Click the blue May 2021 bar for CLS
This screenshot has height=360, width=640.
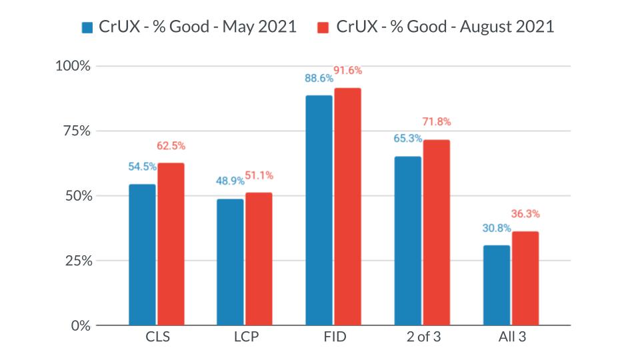tap(142, 255)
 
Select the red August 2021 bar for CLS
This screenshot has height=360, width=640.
tap(171, 244)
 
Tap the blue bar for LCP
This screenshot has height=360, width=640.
tap(230, 262)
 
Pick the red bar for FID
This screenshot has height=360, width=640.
tap(347, 207)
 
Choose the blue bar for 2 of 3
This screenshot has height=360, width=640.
tap(407, 241)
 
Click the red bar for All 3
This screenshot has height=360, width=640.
tap(525, 278)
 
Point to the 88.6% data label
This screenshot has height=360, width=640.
tap(319, 79)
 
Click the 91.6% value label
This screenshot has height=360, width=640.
tap(348, 71)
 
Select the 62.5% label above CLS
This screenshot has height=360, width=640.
tap(171, 146)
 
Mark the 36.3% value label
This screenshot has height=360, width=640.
tap(526, 215)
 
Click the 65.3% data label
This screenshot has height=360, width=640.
tap(407, 139)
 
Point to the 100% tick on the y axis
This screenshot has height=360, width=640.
tap(74, 66)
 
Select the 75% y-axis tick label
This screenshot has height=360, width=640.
tap(77, 131)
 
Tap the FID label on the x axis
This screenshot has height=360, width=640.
tap(333, 337)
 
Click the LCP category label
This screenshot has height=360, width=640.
tap(245, 337)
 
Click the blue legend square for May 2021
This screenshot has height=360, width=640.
tap(88, 27)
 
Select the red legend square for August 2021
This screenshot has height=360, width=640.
tap(323, 27)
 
